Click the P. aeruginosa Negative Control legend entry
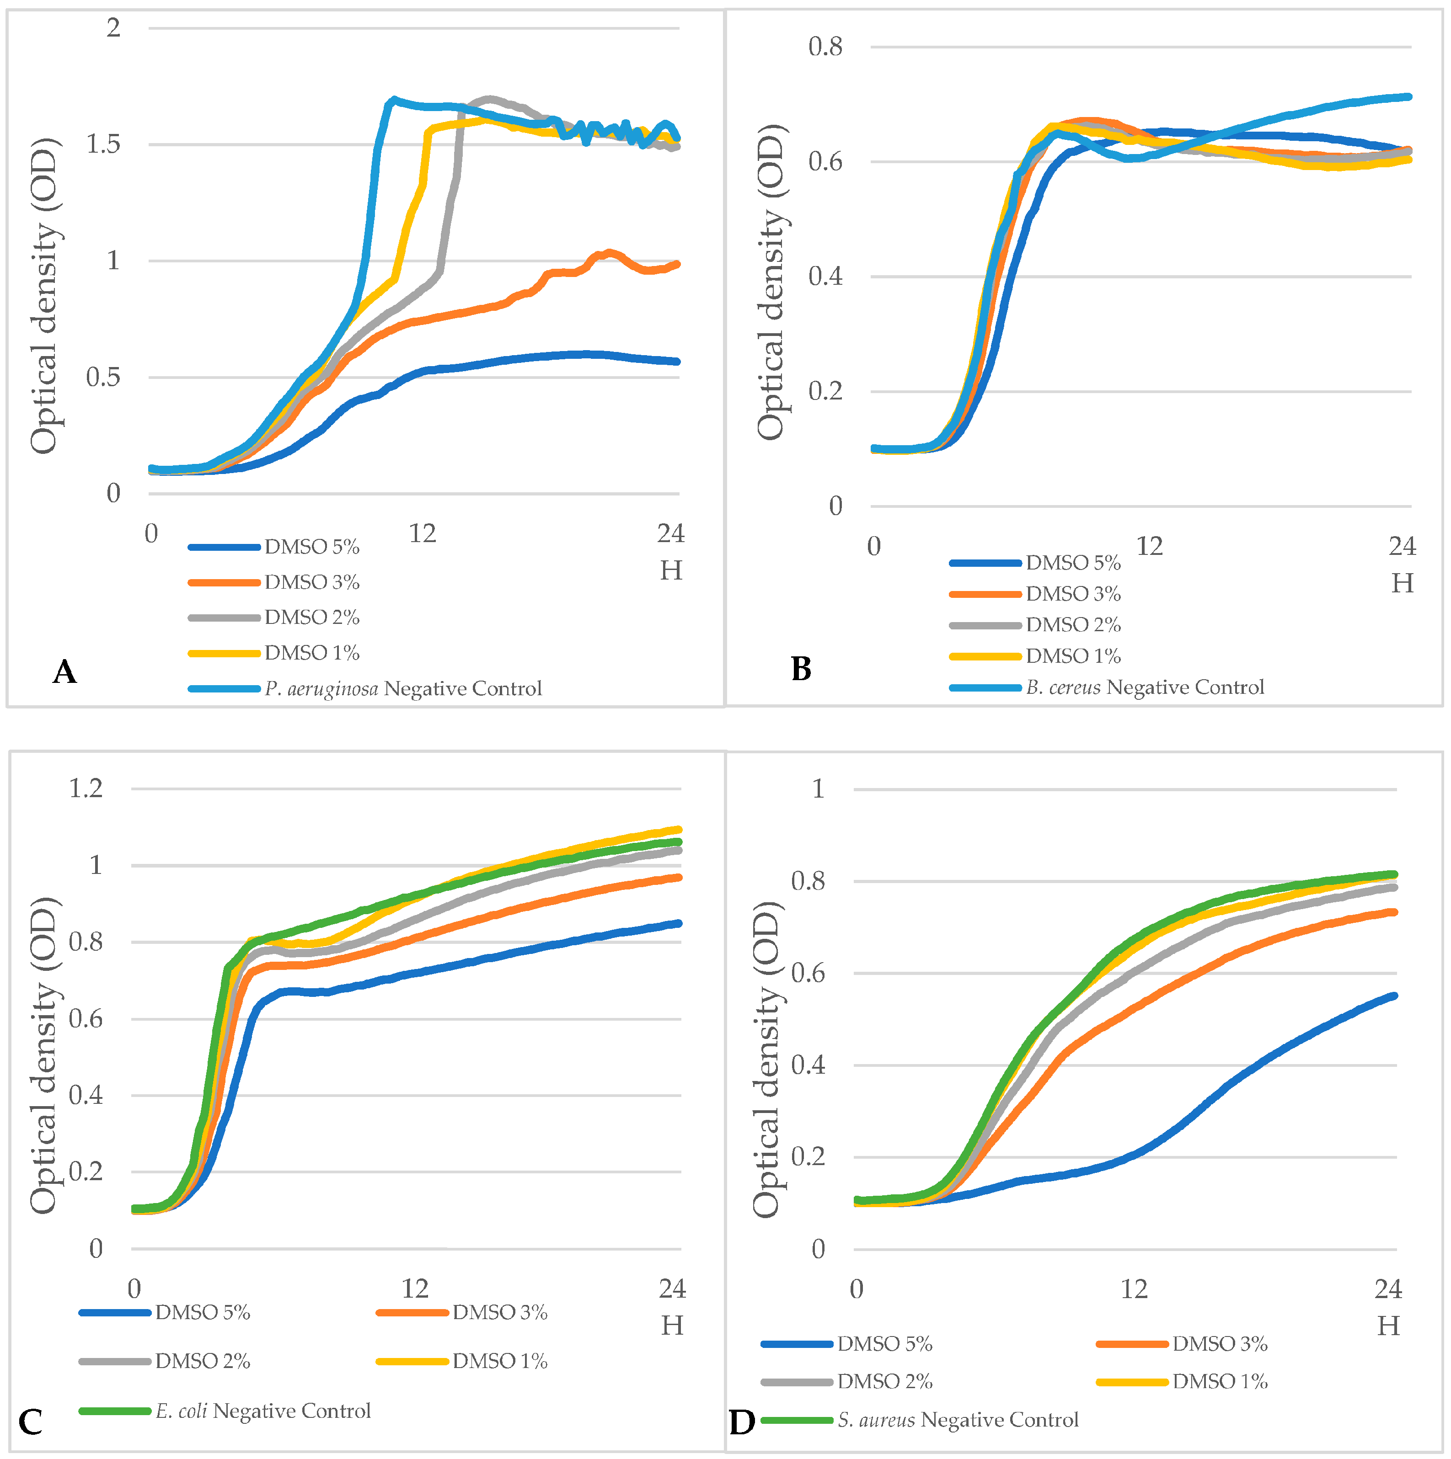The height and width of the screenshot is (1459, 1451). tap(402, 689)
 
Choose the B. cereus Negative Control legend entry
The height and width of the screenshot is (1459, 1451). tap(1144, 687)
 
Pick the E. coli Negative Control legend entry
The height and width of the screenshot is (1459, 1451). tap(263, 1411)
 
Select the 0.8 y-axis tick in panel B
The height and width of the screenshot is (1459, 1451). tap(825, 47)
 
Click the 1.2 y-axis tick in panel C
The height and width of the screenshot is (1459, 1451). tap(86, 788)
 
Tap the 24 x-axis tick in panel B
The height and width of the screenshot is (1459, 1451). tap(1402, 546)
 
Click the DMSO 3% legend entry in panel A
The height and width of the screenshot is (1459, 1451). tap(311, 582)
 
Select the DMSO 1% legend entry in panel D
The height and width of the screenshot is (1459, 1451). tap(1219, 1381)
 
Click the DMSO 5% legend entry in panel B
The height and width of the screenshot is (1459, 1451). tap(1072, 563)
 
